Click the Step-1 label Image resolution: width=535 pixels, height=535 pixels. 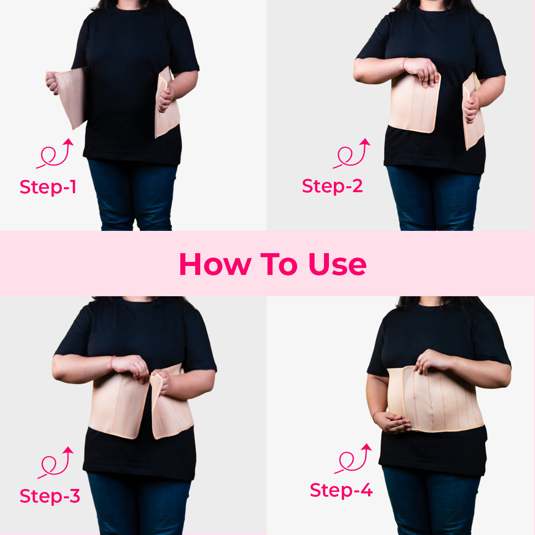point(48,187)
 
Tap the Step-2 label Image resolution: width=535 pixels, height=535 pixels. point(332,186)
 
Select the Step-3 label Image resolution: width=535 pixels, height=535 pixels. point(50,496)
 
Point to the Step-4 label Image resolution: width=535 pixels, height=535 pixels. point(341,490)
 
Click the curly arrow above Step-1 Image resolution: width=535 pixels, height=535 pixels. point(55,154)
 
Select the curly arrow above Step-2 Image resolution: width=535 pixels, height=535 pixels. point(351,154)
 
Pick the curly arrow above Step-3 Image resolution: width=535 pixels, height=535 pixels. point(55,462)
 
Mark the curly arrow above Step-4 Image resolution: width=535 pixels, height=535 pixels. point(353,459)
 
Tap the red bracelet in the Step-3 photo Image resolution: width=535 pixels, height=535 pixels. point(112,363)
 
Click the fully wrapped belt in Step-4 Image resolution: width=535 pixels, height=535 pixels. point(436,401)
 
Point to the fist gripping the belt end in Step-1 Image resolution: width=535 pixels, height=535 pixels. point(51,82)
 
